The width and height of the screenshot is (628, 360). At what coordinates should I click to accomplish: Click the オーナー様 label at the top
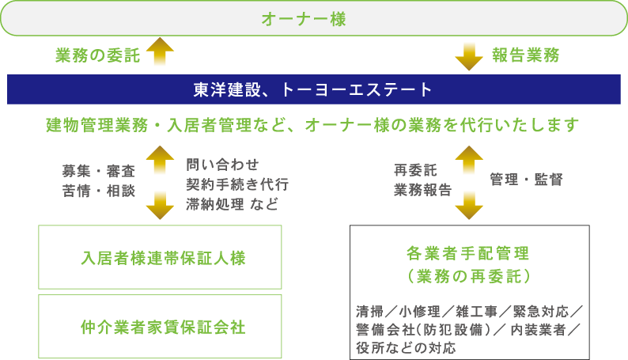click(x=304, y=19)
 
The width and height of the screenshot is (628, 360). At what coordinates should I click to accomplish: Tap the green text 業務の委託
click(x=98, y=55)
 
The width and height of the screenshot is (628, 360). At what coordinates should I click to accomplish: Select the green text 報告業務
click(x=526, y=55)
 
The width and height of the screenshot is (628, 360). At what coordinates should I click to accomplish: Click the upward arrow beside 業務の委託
click(x=160, y=51)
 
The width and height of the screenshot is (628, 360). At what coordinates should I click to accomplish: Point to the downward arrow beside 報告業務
click(x=469, y=56)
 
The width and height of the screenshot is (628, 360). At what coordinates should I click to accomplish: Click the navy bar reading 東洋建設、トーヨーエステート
click(x=314, y=89)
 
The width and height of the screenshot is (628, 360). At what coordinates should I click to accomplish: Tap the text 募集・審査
click(x=99, y=171)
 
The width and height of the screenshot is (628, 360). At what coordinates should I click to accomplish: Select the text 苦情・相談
click(x=99, y=191)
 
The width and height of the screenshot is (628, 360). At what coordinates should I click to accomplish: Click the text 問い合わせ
click(x=223, y=165)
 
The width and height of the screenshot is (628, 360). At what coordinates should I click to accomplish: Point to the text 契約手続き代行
click(x=237, y=184)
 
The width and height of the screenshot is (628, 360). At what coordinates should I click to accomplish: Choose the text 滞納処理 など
click(x=232, y=204)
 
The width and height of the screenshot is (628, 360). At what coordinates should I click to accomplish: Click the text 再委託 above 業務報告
click(x=415, y=170)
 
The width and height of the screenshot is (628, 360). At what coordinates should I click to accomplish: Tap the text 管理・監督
click(x=526, y=180)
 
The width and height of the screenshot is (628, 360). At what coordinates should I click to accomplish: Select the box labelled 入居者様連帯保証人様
click(x=160, y=257)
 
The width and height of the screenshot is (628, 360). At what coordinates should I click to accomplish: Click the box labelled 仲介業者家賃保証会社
click(x=160, y=326)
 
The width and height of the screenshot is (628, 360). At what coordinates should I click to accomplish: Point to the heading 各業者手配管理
click(x=467, y=253)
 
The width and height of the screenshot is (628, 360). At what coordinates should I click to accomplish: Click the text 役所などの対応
click(x=406, y=348)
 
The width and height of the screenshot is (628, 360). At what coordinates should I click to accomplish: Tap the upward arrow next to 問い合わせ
click(x=160, y=160)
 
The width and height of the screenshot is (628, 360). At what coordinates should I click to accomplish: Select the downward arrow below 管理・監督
click(x=469, y=206)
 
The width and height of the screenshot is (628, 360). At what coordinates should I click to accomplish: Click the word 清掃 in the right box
click(x=369, y=311)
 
